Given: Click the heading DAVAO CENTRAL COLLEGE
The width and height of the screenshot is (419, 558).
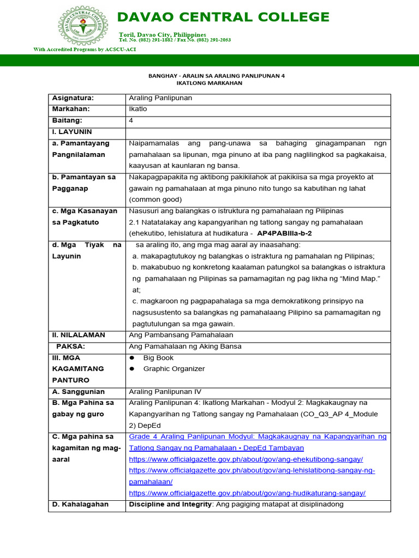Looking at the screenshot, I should point(224,17).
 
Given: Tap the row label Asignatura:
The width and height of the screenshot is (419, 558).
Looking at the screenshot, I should point(73,98).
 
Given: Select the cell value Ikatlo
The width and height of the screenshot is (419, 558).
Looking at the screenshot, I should point(137,109).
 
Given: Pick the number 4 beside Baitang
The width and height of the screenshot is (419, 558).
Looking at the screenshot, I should point(131,120).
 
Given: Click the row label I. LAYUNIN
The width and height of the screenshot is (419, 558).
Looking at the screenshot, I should point(72,132).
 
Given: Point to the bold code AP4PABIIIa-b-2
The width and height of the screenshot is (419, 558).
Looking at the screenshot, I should point(292,233).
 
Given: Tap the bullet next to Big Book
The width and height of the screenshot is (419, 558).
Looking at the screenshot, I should point(131,358).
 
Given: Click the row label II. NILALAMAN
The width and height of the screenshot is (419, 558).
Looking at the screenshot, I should point(79,335).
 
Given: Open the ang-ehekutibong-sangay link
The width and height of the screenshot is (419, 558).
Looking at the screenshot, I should point(246,459).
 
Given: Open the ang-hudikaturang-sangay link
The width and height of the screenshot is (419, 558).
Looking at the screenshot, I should point(247,493).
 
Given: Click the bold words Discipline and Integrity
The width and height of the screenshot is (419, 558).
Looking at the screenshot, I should point(170,505).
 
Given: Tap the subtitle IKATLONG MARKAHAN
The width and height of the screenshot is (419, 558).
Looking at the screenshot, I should point(209,83).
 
